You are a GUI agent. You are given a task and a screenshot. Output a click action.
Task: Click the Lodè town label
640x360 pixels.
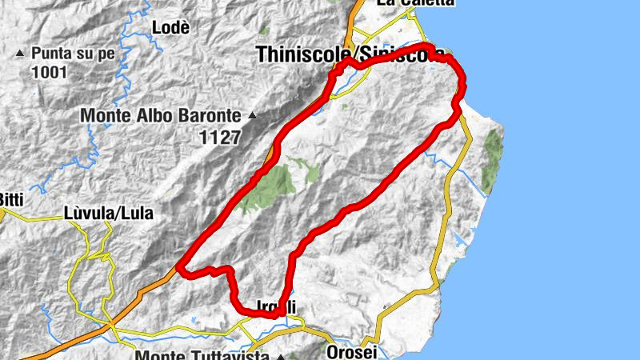170,27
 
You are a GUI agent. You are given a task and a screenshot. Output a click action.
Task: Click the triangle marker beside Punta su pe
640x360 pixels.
20,54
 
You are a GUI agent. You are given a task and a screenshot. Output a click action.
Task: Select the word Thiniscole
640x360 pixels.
304,54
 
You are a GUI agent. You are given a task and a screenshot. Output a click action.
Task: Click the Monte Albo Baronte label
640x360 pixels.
162,116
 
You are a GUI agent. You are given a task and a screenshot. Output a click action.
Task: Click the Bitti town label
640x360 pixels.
11,198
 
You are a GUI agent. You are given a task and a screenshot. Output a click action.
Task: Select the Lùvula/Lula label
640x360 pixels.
108,214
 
